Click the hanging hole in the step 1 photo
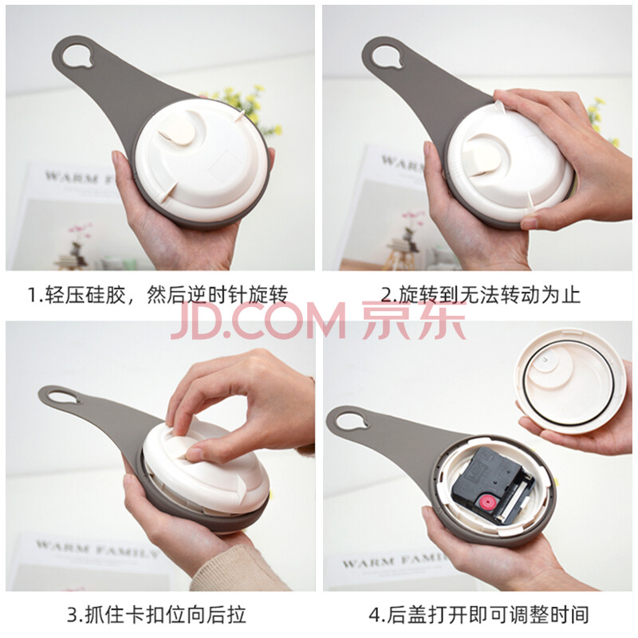pos(77,55)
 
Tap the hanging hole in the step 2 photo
pos(387,57)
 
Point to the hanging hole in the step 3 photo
pos(63,396)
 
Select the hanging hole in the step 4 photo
pos(351,420)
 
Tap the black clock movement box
pos(493,483)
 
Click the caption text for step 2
pos(481,294)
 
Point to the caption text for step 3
pos(156,614)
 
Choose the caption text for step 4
pos(479,614)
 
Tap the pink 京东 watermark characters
pos(414,321)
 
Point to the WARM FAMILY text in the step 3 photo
pos(96,549)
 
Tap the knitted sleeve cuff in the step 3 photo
pos(236,569)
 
